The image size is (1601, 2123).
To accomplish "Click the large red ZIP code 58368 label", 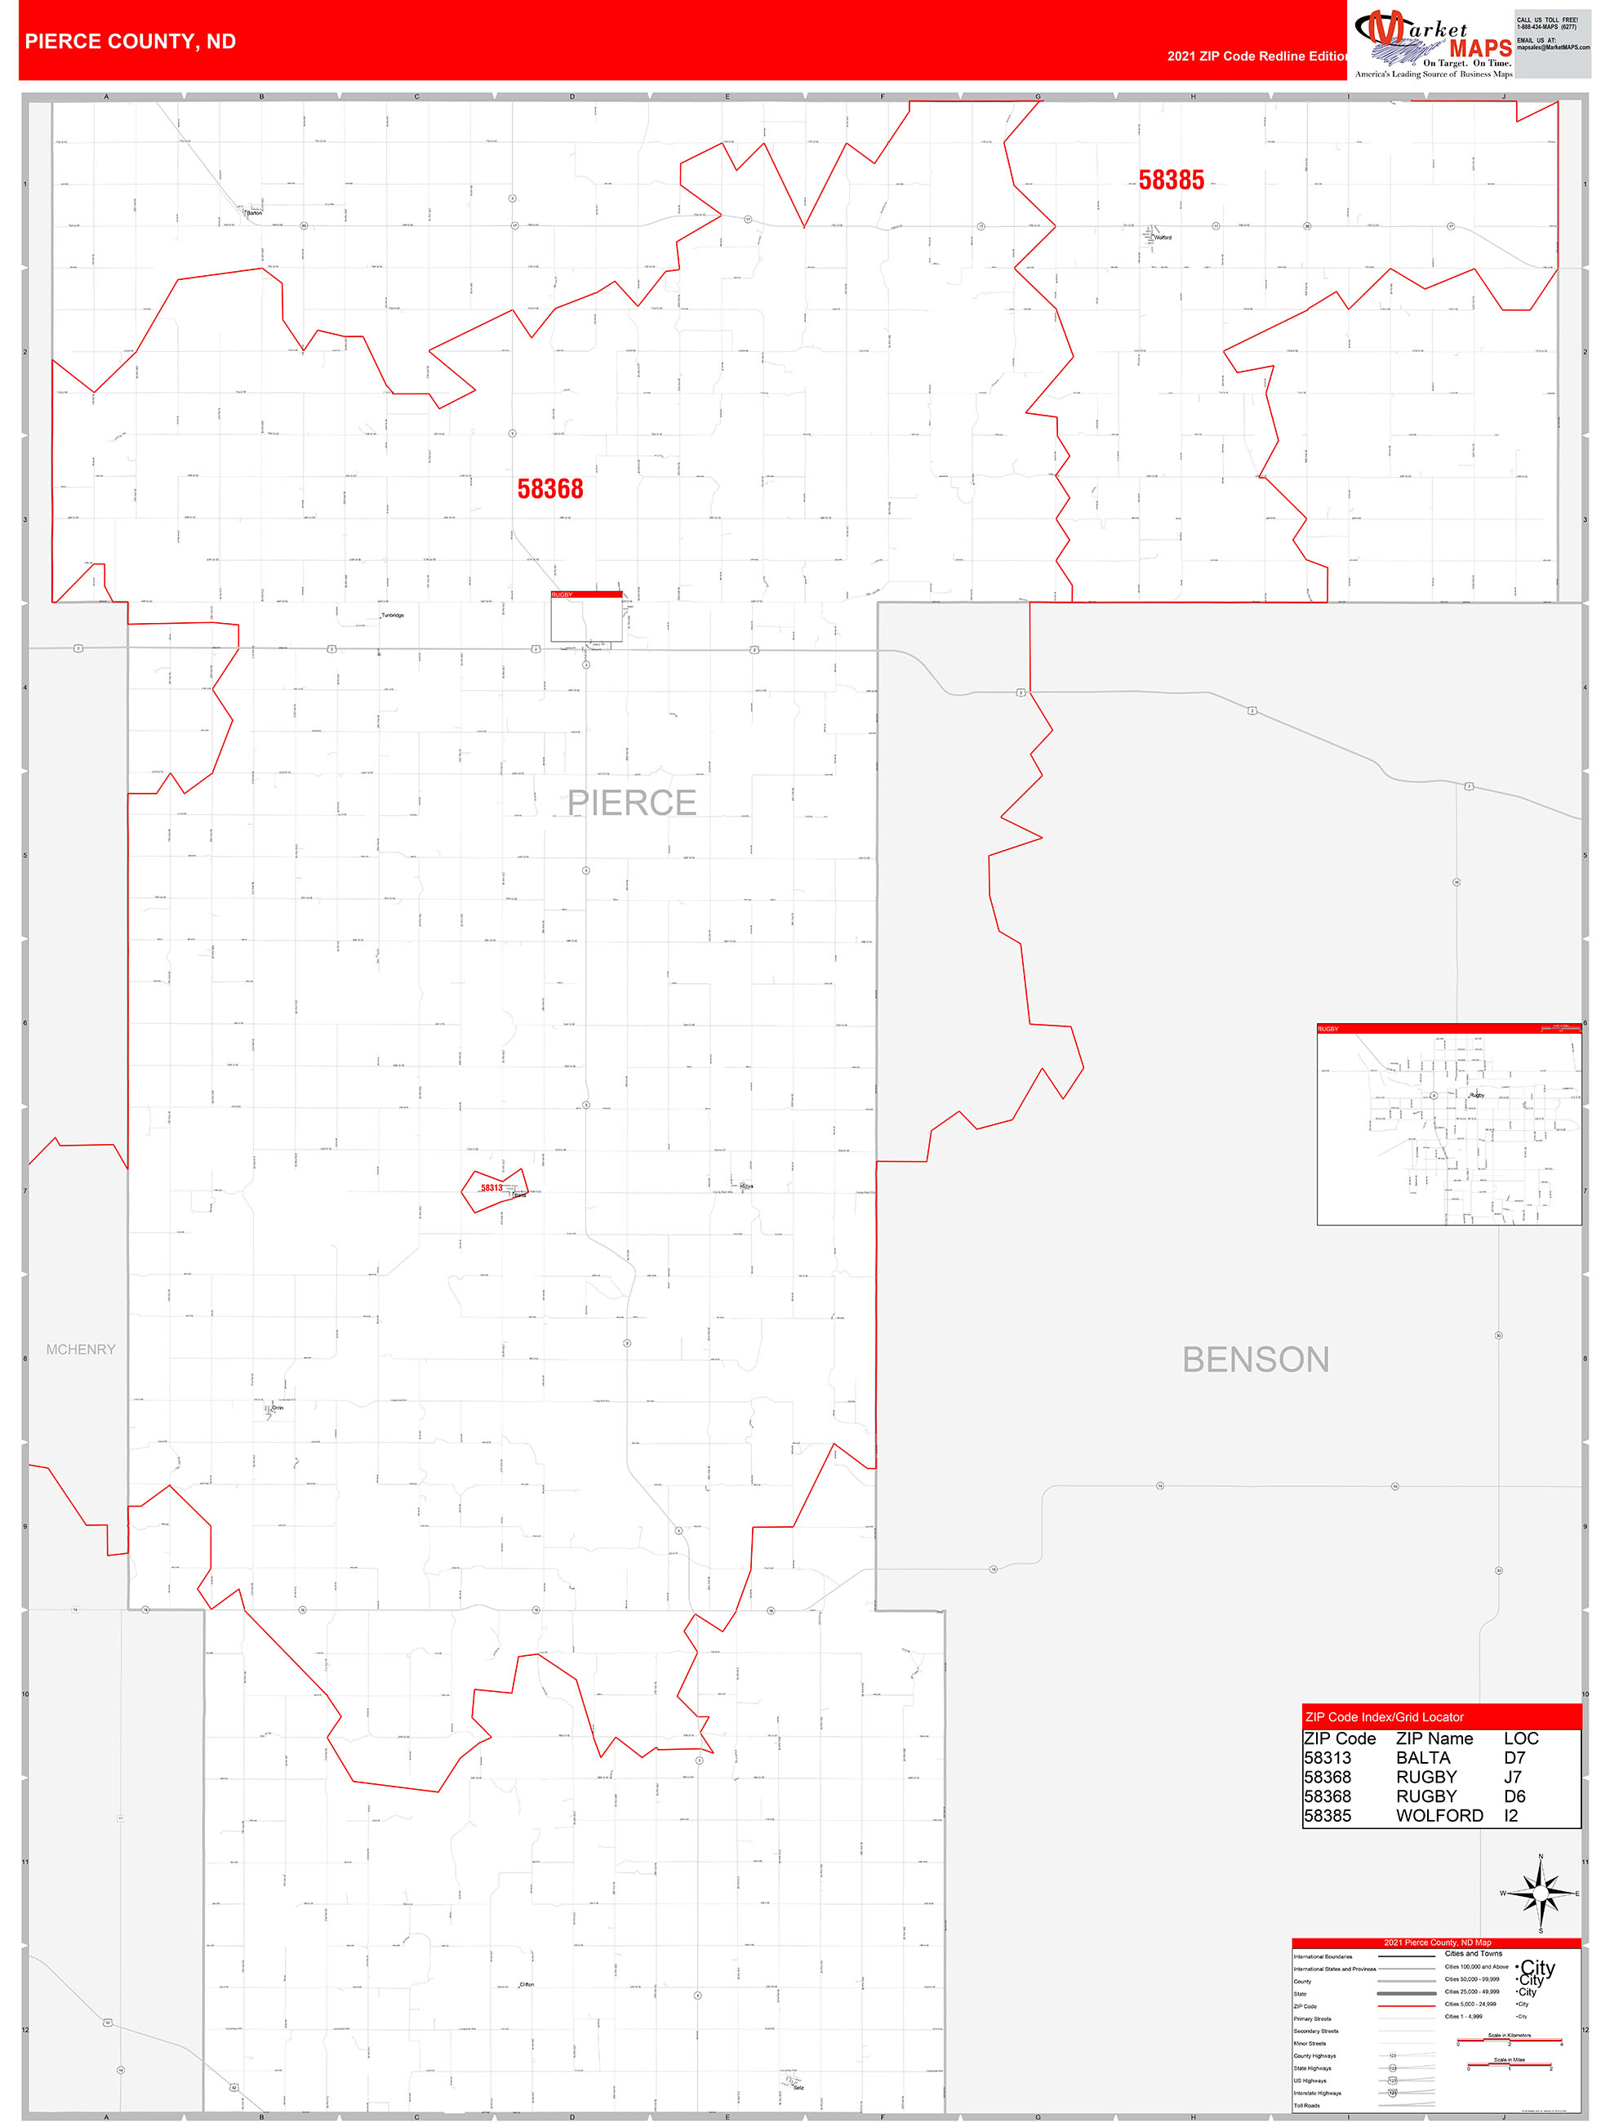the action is pos(550,489).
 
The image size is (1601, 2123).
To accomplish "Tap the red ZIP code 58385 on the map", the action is pos(1171,180).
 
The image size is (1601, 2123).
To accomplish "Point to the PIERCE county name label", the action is pos(632,803).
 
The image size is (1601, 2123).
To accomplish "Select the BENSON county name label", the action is pos(1256,1360).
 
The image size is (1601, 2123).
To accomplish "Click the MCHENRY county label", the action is pos(81,1350).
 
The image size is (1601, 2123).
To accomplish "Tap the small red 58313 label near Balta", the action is pos(491,1188).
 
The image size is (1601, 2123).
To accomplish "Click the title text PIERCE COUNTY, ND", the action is pos(131,42).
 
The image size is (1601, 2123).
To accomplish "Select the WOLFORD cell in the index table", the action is pos(1439,1816).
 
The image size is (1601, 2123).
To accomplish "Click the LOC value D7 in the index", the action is pos(1514,1758).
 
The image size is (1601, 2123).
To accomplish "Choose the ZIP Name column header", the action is pos(1434,1739).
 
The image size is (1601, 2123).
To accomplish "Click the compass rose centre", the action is pos(1541,1894).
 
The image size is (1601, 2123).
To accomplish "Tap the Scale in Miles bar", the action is pos(1509,2065).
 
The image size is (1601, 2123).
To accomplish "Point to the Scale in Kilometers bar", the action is pos(1509,2041).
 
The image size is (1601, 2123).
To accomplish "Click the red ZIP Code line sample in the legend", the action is pos(1406,2006).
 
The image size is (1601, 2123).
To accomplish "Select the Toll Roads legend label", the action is pos(1306,2106).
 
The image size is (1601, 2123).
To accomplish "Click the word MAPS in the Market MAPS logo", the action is pos(1480,48).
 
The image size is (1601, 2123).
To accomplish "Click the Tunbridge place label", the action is pos(393,615).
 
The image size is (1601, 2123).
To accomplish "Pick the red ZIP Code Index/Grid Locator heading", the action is pos(1384,1717).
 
